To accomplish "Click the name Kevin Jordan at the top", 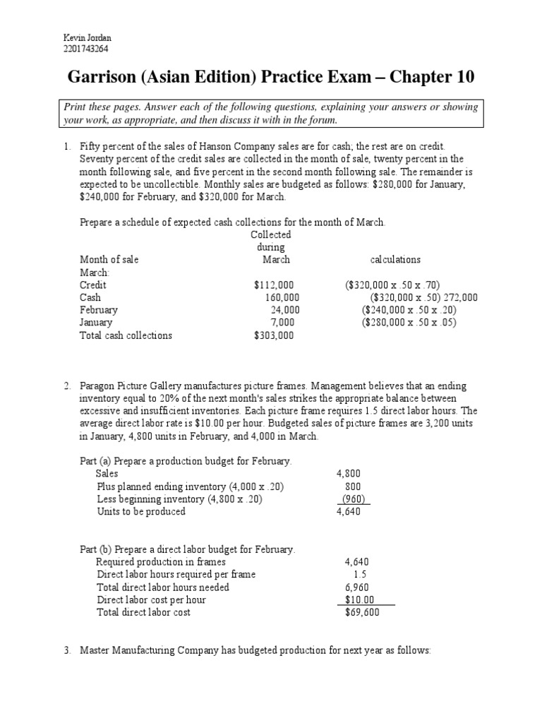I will click(x=83, y=37).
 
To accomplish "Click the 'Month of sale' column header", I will click(x=109, y=260).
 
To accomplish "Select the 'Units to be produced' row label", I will click(x=141, y=512).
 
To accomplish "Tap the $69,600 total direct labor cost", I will click(x=362, y=613).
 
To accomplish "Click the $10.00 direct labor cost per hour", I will click(x=359, y=600).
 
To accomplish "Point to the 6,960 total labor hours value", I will click(x=356, y=587).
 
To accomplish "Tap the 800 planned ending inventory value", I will click(x=352, y=486).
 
